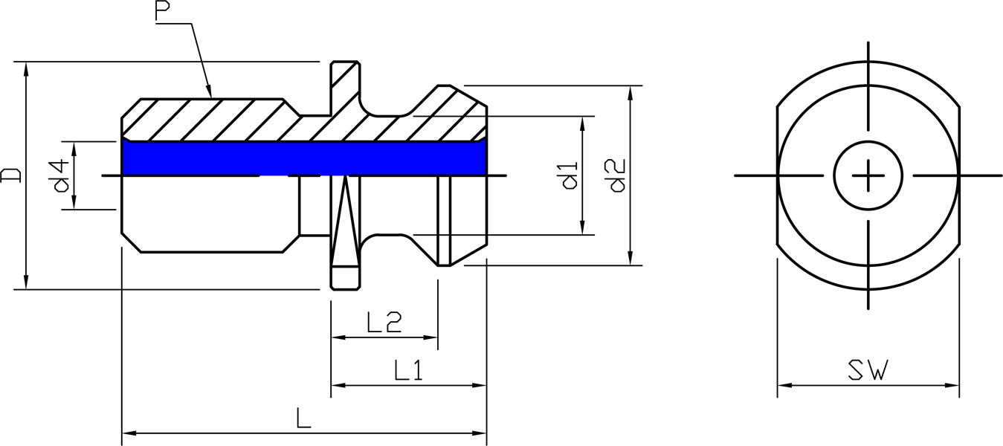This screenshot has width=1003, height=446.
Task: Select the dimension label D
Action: point(10,175)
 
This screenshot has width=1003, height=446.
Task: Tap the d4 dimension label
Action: point(62,175)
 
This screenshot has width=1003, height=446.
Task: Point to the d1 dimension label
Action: point(570,175)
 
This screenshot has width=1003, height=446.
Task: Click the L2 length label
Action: point(384,322)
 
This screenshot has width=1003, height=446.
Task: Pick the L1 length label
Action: point(408,370)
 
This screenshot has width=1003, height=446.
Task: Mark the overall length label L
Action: point(303,418)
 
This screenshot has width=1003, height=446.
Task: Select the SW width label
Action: point(868,370)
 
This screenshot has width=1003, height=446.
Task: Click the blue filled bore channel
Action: point(305,158)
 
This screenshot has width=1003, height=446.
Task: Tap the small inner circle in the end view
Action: point(868,175)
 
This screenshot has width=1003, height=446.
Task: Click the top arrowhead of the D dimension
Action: point(26,70)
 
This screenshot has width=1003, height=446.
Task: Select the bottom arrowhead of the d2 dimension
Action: point(630,257)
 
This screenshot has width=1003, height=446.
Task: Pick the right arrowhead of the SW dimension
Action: point(951,385)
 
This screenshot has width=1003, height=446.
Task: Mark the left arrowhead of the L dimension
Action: point(130,433)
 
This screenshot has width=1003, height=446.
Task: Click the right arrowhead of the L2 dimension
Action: point(430,337)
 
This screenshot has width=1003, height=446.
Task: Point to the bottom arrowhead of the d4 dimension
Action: point(75,201)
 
